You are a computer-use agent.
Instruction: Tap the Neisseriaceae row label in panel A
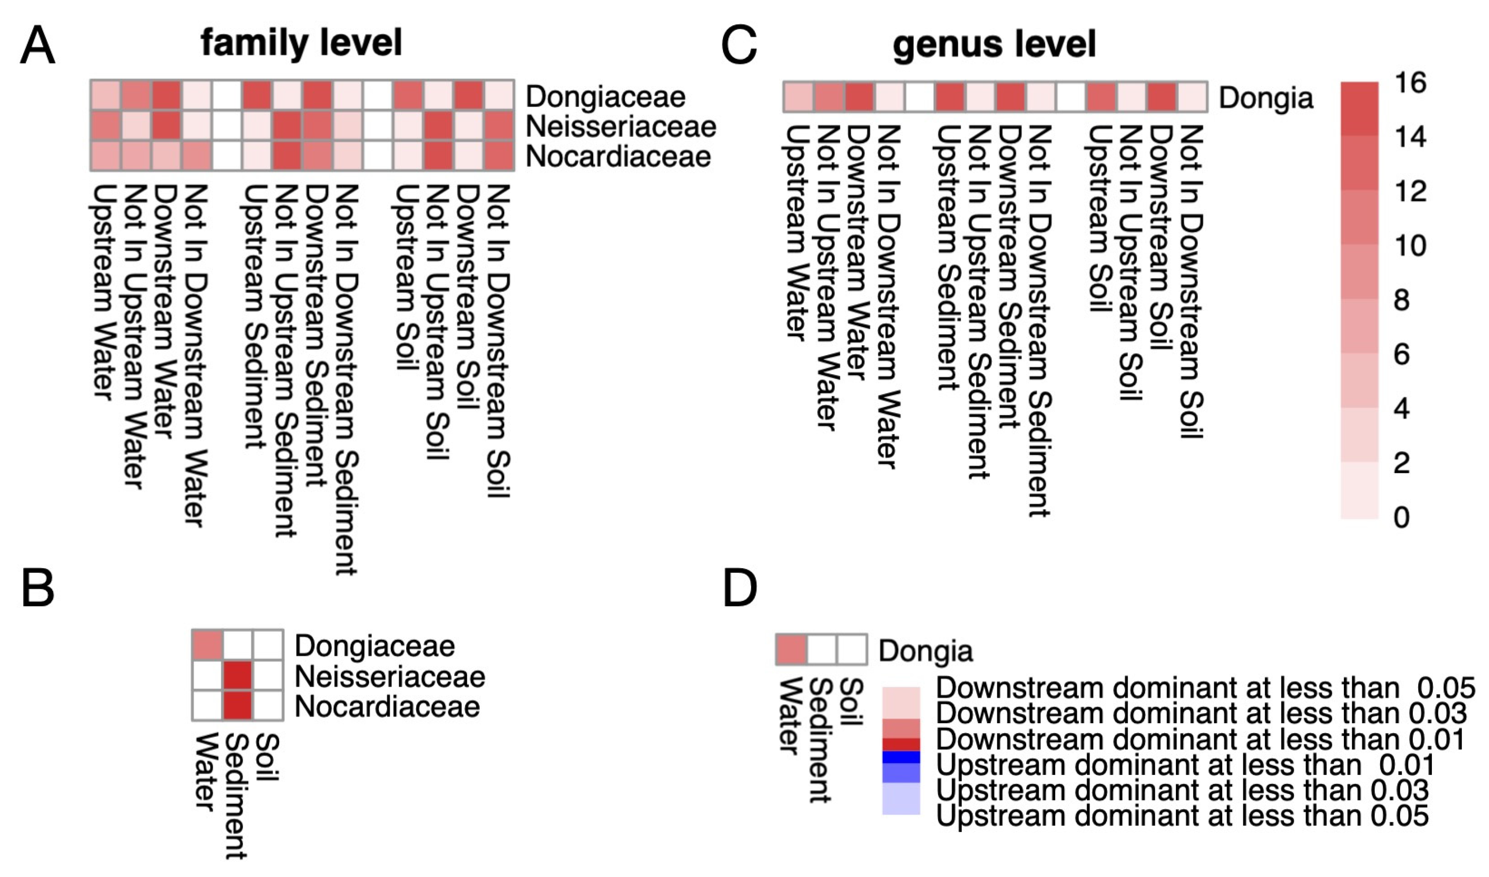(x=621, y=127)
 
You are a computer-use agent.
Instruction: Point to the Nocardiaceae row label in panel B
(x=387, y=707)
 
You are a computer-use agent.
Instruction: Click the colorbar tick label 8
(x=1401, y=300)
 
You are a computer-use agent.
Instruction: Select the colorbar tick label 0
(x=1401, y=518)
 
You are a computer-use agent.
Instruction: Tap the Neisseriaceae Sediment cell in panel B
(x=238, y=676)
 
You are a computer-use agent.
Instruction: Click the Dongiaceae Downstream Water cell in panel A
(x=167, y=95)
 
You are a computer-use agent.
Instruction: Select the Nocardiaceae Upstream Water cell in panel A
(x=106, y=156)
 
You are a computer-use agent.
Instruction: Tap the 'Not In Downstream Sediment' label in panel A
(x=346, y=378)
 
